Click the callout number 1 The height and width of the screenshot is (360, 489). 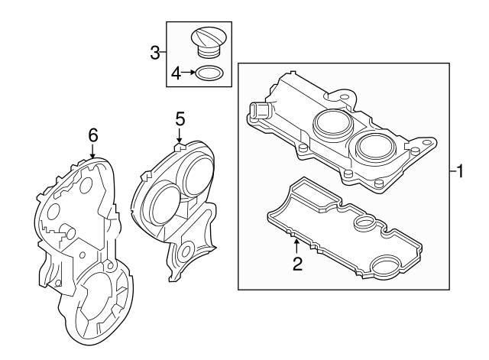[461, 171]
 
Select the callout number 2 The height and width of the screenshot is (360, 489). [297, 264]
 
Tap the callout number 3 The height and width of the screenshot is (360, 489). [155, 53]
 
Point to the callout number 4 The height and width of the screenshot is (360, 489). [176, 73]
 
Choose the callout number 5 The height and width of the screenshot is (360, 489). [180, 118]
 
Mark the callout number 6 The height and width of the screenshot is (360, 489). [92, 135]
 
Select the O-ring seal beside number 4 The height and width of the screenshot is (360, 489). [209, 74]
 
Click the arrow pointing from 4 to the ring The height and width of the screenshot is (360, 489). [189, 73]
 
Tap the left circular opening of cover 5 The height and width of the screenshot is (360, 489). [162, 206]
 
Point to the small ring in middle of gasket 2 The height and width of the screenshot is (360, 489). [365, 225]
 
